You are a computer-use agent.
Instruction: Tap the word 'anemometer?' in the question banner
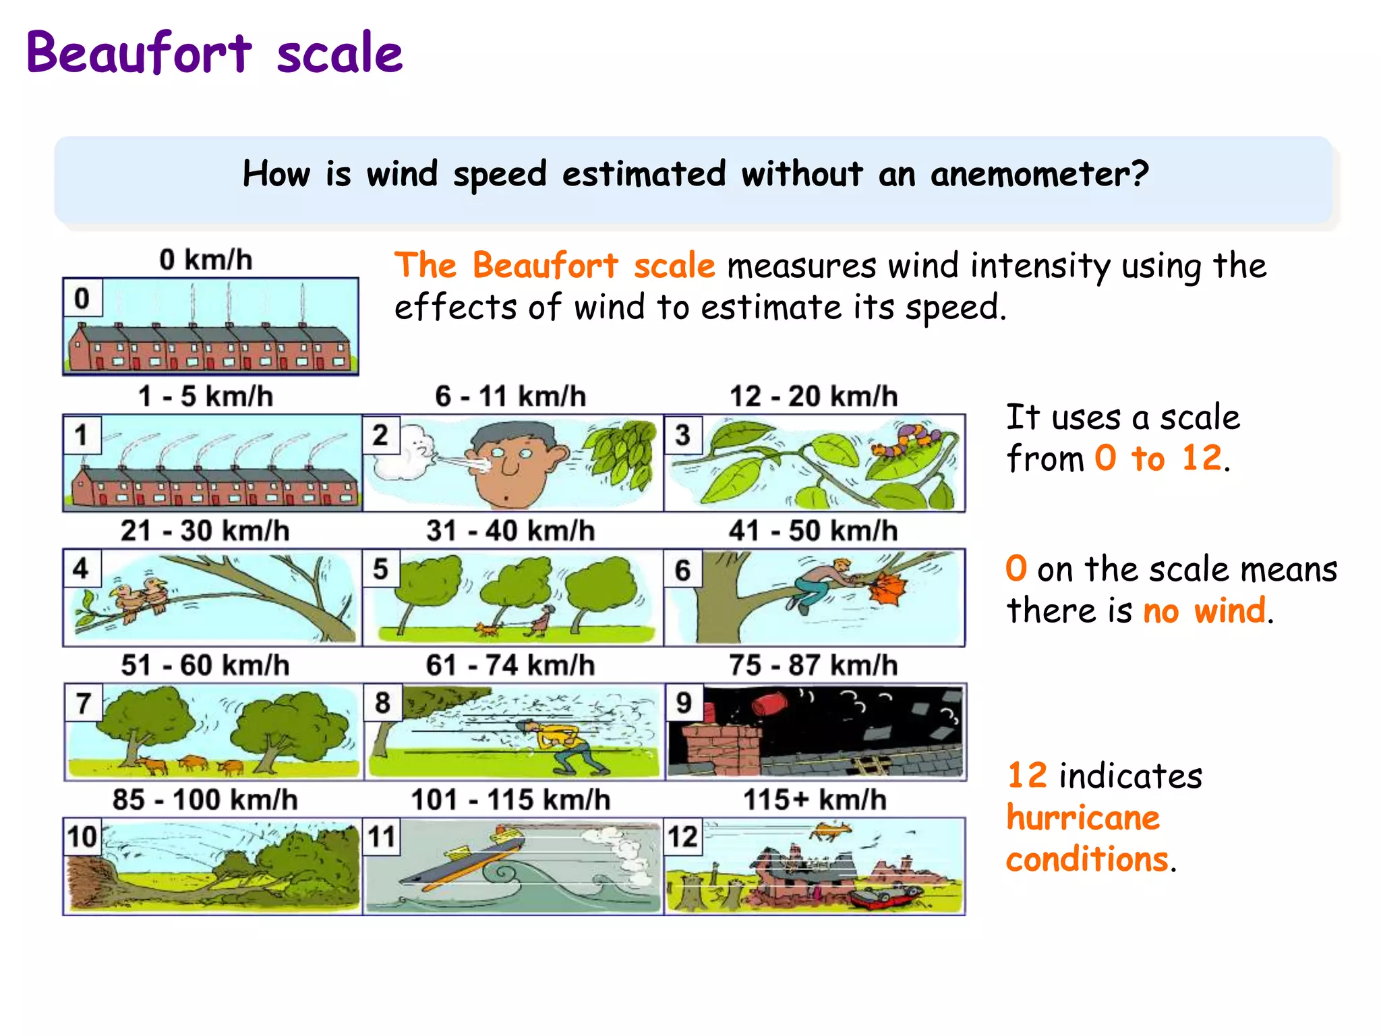point(1039,174)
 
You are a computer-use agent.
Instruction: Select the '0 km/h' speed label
point(206,260)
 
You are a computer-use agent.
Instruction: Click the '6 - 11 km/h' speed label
point(510,396)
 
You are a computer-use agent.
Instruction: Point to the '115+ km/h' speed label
point(815,800)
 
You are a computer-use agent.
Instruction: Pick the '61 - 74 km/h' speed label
point(510,665)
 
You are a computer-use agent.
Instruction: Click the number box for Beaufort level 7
point(83,703)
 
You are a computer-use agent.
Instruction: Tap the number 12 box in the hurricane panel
point(682,837)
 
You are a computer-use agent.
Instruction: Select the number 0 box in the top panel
point(82,297)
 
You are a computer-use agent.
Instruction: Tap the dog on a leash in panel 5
point(487,629)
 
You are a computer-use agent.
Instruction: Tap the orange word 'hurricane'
point(1083,817)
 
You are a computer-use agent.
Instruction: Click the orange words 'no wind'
point(1204,611)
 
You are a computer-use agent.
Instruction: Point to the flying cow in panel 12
point(831,831)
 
